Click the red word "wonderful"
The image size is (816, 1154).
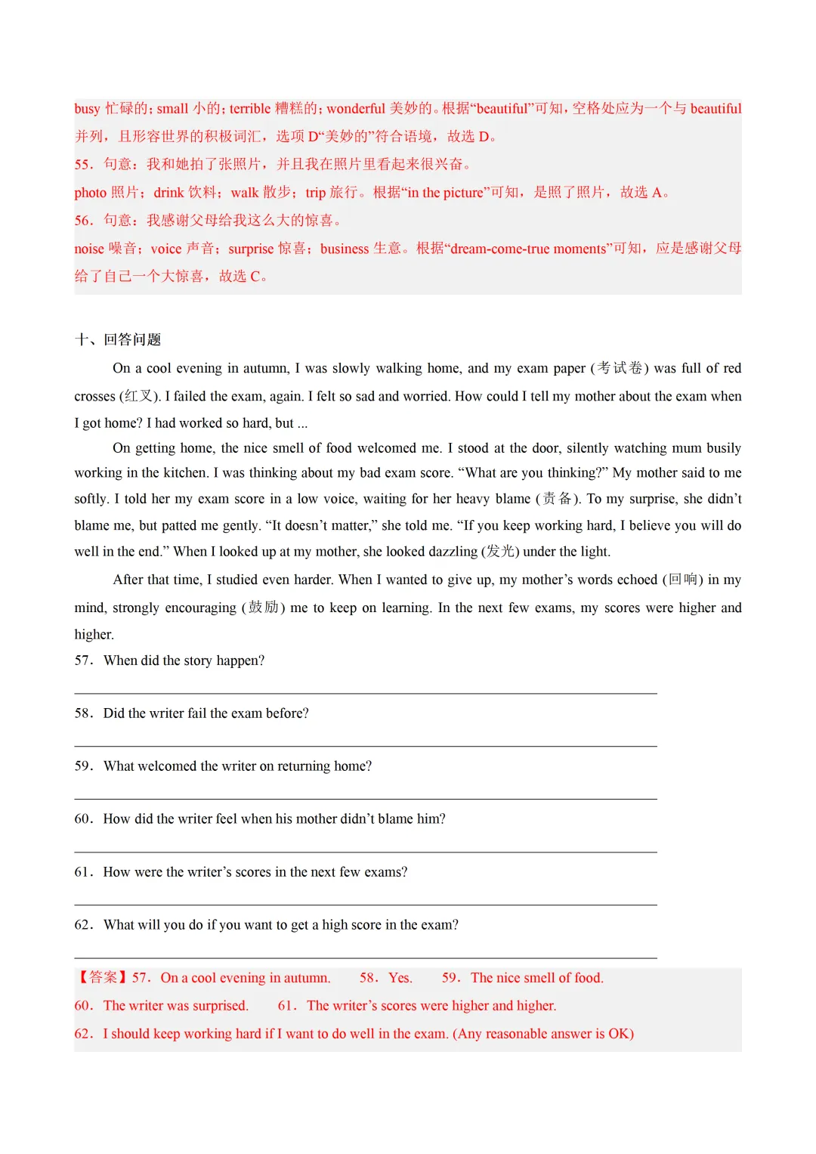(x=356, y=109)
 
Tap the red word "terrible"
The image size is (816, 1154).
(x=250, y=109)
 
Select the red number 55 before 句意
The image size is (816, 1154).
(x=83, y=165)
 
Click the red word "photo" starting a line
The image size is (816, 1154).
(x=90, y=193)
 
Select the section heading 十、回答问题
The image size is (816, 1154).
(x=118, y=340)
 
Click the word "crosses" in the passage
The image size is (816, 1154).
(x=94, y=397)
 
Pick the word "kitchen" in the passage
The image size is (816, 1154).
(x=185, y=473)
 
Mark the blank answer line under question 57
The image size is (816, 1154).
(x=366, y=693)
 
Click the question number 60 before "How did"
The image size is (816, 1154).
(x=83, y=819)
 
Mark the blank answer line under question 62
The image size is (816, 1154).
(x=366, y=958)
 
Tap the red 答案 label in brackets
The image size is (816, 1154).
(x=104, y=978)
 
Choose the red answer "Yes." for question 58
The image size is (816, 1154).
(x=400, y=978)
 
